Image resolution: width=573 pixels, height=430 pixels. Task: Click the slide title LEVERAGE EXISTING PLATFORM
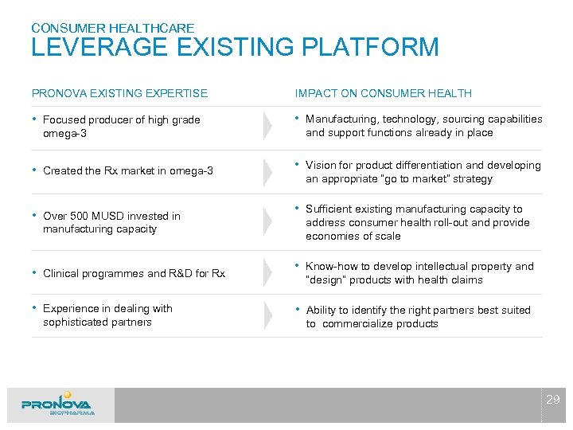coord(235,48)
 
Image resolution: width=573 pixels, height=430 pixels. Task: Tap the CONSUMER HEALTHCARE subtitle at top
coord(112,28)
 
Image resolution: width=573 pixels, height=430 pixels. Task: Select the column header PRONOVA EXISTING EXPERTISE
coord(119,93)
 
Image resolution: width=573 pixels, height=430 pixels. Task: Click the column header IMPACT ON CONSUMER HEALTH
coord(383,93)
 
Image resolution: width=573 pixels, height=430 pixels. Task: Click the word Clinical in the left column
coord(61,273)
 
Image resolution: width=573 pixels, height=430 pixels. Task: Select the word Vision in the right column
coord(321,166)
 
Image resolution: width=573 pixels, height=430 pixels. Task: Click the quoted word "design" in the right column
coord(325,280)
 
